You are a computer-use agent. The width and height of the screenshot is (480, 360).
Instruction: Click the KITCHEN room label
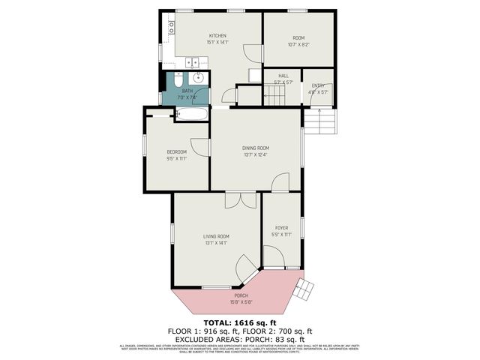217,36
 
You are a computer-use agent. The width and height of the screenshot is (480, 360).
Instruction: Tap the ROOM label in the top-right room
298,37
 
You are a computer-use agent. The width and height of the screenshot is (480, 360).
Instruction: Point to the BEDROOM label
176,152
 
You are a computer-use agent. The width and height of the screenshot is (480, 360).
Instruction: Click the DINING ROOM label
255,148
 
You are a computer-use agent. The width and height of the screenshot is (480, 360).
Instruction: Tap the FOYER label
281,227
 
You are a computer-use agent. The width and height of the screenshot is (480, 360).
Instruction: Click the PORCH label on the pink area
241,295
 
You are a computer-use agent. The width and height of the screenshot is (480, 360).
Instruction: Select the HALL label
283,76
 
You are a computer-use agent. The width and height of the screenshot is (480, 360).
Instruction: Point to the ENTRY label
318,85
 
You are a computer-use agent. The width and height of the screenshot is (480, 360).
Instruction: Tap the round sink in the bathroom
199,78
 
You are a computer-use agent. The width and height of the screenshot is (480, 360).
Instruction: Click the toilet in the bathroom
179,79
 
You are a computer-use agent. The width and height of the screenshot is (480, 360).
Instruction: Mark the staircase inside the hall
274,95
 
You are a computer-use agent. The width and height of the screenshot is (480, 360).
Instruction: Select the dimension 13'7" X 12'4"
255,155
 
